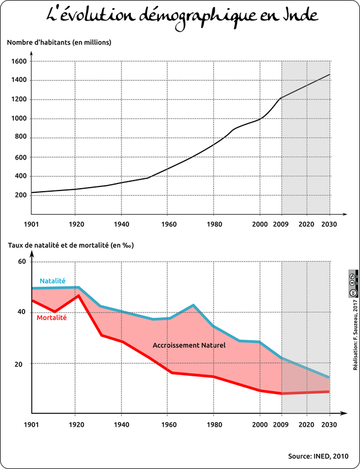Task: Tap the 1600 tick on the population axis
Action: coord(18,61)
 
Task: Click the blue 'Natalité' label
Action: coord(53,281)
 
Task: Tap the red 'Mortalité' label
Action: coord(52,318)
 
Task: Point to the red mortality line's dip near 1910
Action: coord(55,311)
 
